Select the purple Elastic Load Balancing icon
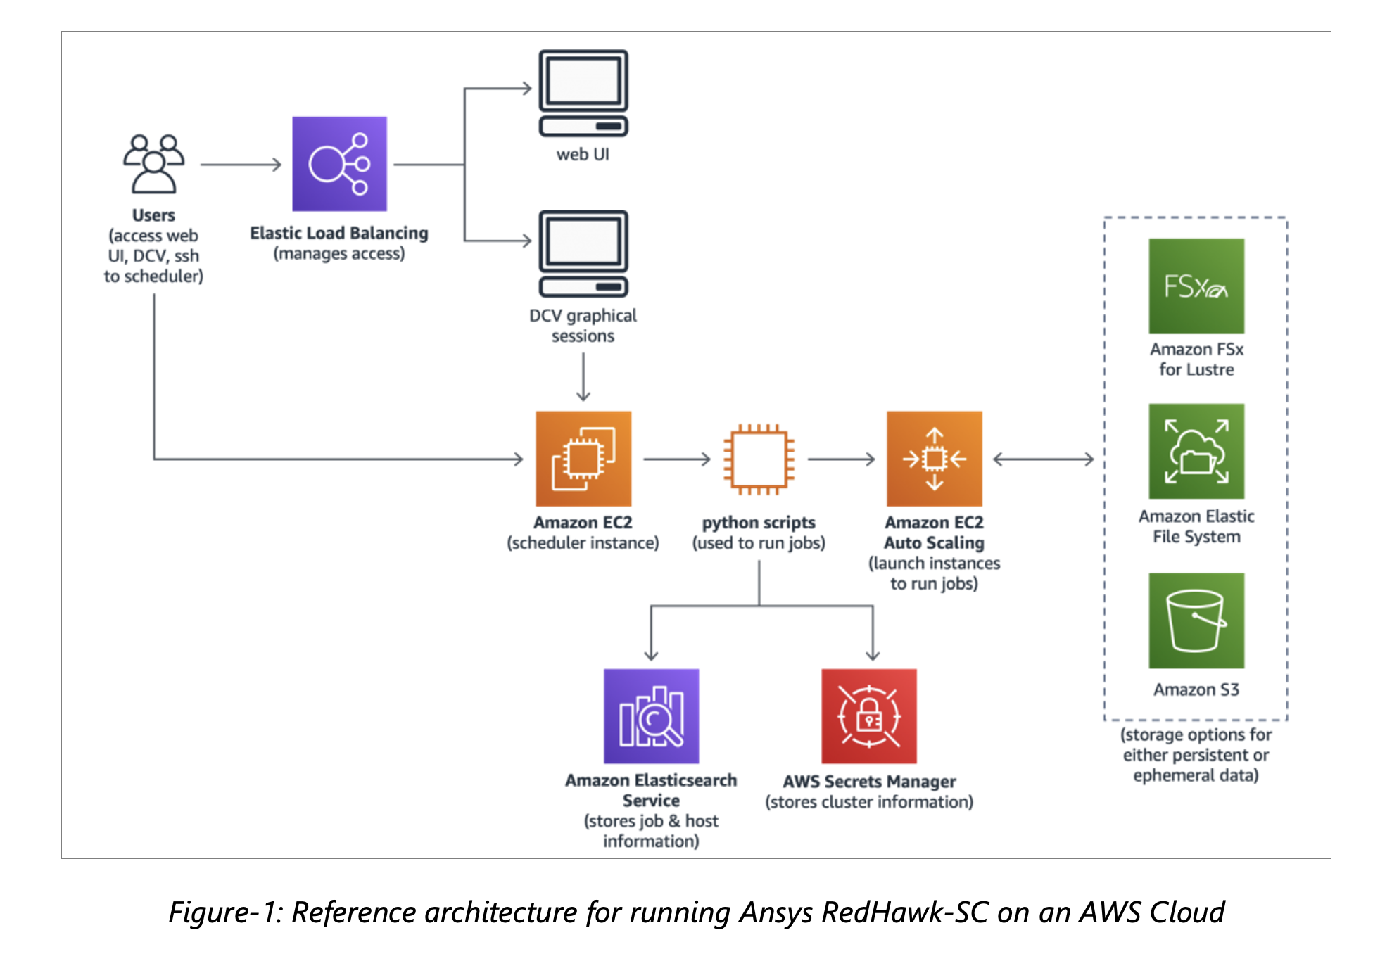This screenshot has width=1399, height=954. [339, 164]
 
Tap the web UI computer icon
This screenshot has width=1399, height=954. [583, 93]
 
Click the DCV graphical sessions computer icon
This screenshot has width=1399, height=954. [583, 254]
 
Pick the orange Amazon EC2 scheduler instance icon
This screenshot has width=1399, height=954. [583, 459]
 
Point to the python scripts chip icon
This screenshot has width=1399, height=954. [759, 459]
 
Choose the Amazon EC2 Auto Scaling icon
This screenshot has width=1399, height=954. [935, 459]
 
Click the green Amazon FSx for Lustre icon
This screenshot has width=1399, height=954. [1196, 286]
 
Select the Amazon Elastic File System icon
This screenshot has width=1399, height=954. [1196, 451]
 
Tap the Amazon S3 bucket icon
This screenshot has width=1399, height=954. [1196, 621]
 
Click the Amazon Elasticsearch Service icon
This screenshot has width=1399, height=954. [652, 716]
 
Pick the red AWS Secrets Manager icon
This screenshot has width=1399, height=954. [869, 716]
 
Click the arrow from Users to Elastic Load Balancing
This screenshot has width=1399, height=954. [241, 165]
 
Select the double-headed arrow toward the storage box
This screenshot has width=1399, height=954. [1044, 459]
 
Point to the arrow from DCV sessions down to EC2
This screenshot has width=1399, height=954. [583, 377]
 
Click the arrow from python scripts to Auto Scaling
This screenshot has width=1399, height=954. [842, 459]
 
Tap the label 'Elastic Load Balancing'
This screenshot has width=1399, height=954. [339, 233]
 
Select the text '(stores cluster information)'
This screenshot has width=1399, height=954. [869, 802]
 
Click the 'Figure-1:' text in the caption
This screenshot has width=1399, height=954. [225, 912]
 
